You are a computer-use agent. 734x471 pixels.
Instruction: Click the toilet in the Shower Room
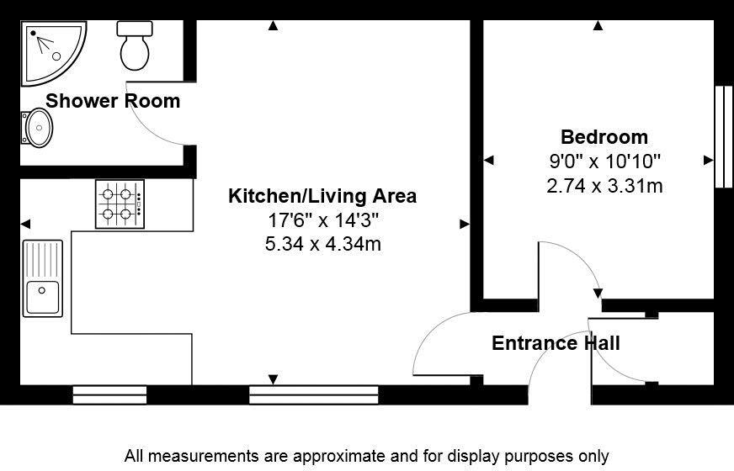click(x=135, y=45)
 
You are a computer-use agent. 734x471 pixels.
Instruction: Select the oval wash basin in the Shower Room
click(x=37, y=128)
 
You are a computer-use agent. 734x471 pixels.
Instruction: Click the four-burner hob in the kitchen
click(x=120, y=204)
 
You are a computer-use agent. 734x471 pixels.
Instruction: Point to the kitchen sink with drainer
click(x=43, y=278)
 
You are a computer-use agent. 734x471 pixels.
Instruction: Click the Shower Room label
click(x=113, y=101)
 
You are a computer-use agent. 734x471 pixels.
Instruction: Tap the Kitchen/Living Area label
click(x=322, y=196)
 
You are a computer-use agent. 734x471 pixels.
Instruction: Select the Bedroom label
click(x=604, y=137)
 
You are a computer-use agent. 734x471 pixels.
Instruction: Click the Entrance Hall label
click(x=556, y=343)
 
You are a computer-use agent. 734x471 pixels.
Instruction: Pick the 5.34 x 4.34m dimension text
click(x=323, y=244)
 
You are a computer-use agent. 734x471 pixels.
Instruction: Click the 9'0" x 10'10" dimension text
click(x=604, y=161)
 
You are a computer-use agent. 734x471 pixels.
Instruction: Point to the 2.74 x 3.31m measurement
click(x=604, y=186)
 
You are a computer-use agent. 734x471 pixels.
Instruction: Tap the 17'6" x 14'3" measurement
click(x=323, y=220)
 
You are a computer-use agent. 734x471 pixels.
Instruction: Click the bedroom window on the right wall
click(x=724, y=136)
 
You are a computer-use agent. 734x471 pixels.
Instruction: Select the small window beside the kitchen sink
click(x=109, y=394)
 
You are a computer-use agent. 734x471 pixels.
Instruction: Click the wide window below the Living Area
click(x=314, y=394)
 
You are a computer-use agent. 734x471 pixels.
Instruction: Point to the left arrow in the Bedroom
click(x=488, y=161)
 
